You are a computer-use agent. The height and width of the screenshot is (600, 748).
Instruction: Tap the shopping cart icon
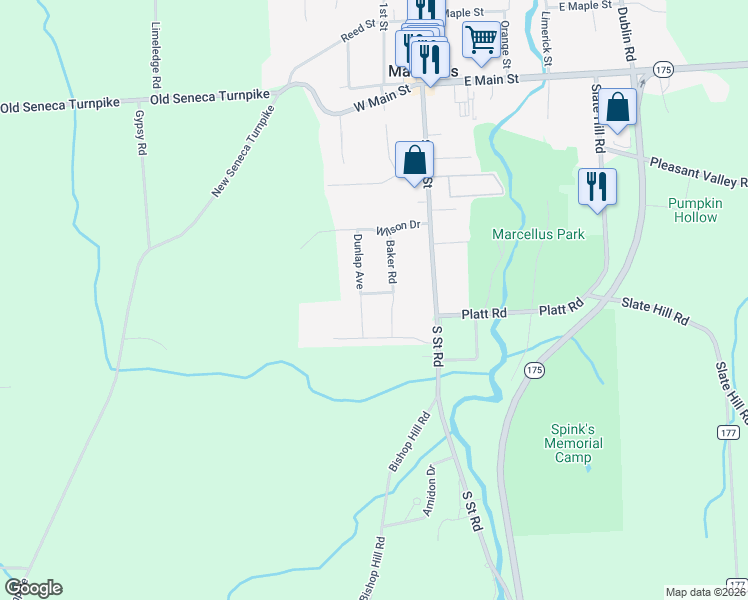481,41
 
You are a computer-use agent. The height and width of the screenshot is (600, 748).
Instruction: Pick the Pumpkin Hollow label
694,209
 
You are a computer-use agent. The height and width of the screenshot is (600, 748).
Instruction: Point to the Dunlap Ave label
357,262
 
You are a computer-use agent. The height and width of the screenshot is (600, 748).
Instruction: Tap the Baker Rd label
392,262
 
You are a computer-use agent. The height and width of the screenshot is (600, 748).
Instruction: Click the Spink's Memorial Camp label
574,442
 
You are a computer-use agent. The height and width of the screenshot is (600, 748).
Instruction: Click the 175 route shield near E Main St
662,68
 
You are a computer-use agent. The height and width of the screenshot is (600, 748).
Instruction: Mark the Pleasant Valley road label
697,172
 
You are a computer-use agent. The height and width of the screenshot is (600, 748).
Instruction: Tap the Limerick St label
547,40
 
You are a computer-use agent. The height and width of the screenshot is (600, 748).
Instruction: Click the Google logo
33,587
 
